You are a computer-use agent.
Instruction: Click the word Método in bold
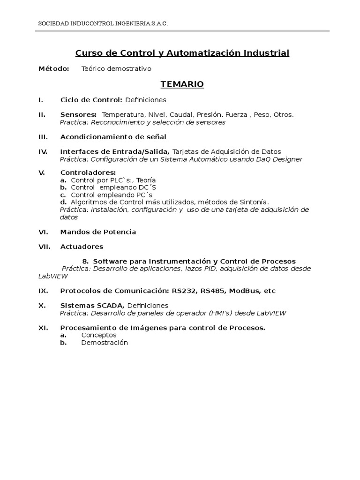click(53, 69)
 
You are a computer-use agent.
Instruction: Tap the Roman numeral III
click(43, 137)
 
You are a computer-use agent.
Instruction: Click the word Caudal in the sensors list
click(181, 114)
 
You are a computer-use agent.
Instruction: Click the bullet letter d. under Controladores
click(64, 202)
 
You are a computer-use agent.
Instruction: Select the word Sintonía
click(254, 202)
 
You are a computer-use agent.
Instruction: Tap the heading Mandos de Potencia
click(98, 232)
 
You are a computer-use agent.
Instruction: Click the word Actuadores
click(82, 246)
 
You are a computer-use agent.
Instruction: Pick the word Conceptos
click(98, 335)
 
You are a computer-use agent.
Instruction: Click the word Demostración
click(104, 343)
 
